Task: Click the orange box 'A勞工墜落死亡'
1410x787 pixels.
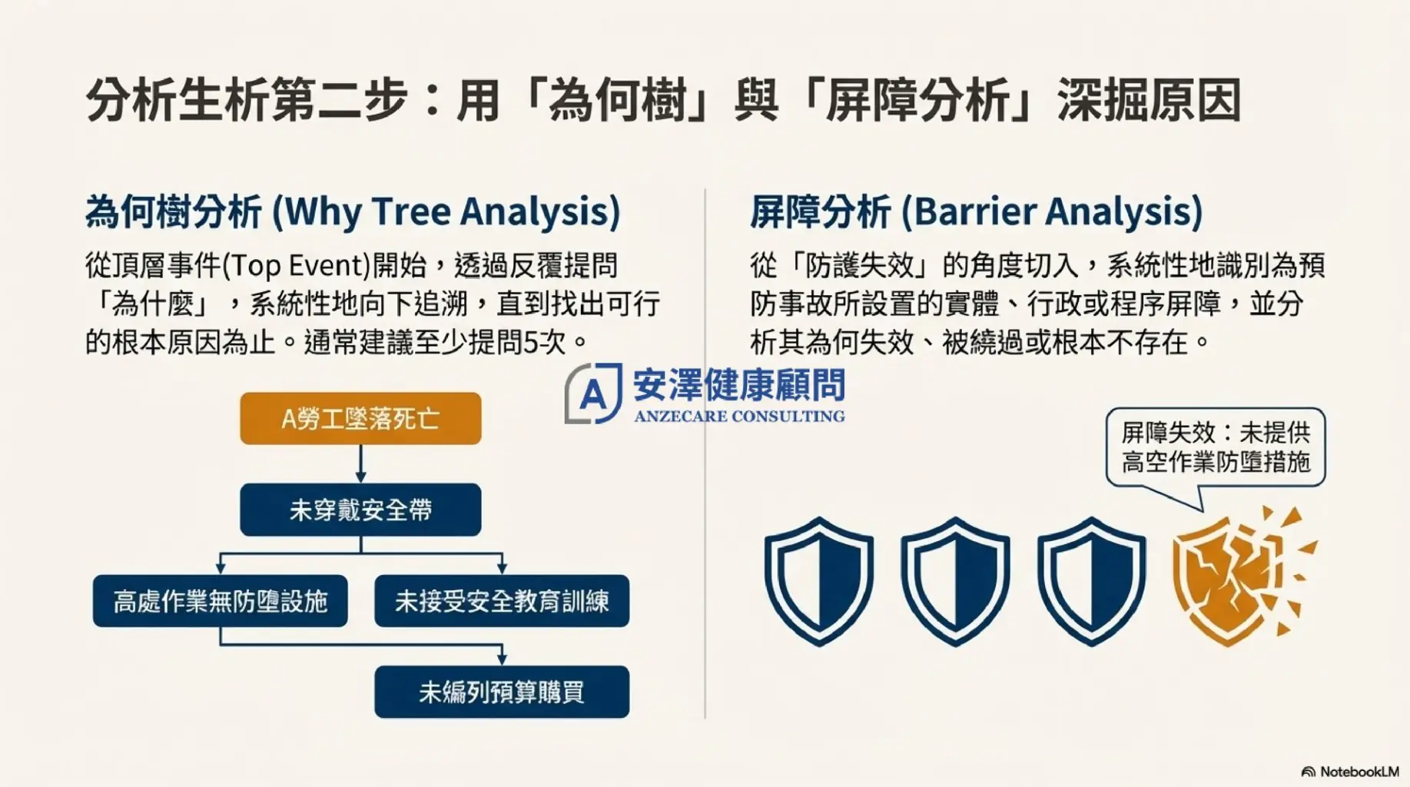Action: [x=360, y=418]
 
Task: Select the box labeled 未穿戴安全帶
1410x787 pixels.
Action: [x=360, y=510]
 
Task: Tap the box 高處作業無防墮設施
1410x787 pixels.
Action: [x=221, y=600]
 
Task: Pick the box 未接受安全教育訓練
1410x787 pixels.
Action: [x=502, y=600]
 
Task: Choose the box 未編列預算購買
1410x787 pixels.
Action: [x=502, y=692]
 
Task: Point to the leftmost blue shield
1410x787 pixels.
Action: [x=819, y=581]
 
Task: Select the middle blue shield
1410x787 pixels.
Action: [x=955, y=581]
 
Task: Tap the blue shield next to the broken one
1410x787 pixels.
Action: [x=1091, y=581]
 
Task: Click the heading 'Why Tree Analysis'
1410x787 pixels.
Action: [x=446, y=211]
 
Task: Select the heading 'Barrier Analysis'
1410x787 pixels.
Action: [x=1052, y=211]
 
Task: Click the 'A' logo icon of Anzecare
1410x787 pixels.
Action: [x=593, y=393]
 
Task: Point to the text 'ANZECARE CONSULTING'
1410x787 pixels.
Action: [x=739, y=417]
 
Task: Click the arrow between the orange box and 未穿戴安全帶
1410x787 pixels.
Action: [x=360, y=463]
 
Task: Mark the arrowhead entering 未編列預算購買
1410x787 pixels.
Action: [x=502, y=659]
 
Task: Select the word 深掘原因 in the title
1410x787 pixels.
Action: [x=1150, y=101]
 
